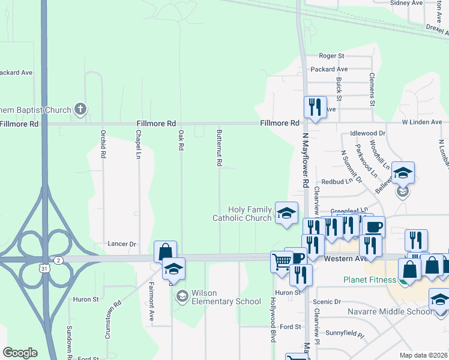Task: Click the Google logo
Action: click(x=20, y=353)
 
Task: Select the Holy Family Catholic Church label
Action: click(x=242, y=214)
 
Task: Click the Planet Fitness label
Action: click(x=370, y=280)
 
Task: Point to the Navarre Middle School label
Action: click(x=390, y=311)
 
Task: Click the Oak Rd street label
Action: click(x=181, y=142)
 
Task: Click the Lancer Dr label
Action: click(x=122, y=244)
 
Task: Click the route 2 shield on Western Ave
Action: click(x=58, y=260)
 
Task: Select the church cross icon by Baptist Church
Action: click(x=80, y=109)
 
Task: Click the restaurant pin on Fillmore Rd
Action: click(x=315, y=107)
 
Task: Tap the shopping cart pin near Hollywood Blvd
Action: click(x=281, y=261)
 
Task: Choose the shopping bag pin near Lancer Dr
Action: click(x=164, y=251)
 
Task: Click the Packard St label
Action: click(x=330, y=69)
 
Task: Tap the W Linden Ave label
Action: click(x=421, y=122)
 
